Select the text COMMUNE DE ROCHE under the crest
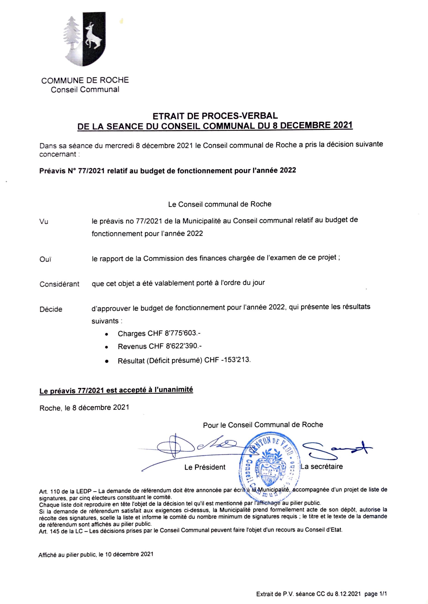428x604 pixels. click(85, 80)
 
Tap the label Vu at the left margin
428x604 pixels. click(44, 221)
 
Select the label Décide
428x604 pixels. click(51, 309)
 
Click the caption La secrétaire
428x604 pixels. click(322, 467)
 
